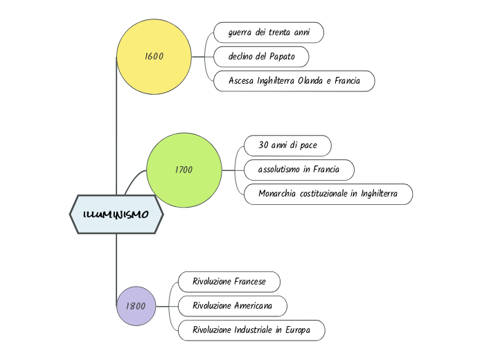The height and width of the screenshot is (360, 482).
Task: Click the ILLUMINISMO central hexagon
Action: click(116, 215)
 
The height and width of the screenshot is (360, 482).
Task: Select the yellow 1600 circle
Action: click(154, 57)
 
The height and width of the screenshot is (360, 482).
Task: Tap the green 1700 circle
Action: click(184, 170)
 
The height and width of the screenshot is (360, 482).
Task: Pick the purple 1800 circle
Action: click(136, 305)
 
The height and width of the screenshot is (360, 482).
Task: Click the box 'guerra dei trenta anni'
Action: click(269, 33)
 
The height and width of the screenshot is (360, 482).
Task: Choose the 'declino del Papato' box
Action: click(260, 57)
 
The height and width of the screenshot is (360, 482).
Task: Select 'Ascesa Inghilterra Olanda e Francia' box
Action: click(294, 81)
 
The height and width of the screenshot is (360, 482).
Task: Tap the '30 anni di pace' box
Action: click(287, 145)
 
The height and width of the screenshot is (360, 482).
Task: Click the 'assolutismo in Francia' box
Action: click(298, 170)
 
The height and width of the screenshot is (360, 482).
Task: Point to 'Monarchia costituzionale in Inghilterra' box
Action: click(328, 194)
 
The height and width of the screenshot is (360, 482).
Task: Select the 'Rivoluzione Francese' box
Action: click(229, 282)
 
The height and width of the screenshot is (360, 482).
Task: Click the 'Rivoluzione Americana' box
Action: click(232, 305)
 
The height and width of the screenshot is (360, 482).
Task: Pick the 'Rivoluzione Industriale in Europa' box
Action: click(251, 330)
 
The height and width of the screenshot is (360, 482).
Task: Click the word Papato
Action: click(282, 57)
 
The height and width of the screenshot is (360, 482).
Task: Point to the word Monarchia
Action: click(278, 194)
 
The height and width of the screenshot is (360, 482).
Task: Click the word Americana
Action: click(253, 305)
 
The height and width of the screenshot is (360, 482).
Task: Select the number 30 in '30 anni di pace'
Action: click(263, 145)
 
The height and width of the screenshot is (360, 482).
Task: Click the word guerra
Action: click(240, 33)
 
